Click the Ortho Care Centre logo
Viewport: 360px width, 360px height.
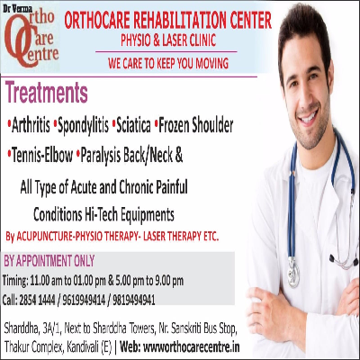[31, 38]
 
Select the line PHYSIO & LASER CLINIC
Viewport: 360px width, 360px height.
[168, 40]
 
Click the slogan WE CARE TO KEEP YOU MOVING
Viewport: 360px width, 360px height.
[168, 63]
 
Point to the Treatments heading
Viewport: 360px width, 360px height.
[47, 93]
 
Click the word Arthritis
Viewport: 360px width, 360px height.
[31, 126]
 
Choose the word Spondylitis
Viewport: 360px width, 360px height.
[83, 126]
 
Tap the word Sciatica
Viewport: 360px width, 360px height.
[133, 126]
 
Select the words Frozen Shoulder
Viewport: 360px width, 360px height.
[195, 126]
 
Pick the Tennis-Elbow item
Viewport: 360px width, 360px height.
[42, 156]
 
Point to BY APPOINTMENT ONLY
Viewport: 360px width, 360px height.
[49, 261]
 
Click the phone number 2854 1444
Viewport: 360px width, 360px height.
[37, 300]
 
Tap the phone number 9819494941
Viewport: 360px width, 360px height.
[134, 300]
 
